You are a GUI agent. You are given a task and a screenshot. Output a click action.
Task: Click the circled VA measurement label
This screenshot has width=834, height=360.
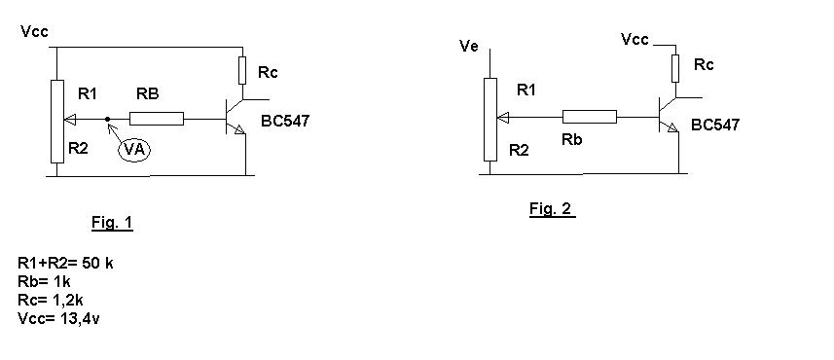134,150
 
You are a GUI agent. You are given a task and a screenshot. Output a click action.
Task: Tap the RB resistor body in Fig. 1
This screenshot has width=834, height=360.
157,119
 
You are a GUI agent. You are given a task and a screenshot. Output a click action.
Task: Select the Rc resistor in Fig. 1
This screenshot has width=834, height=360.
242,71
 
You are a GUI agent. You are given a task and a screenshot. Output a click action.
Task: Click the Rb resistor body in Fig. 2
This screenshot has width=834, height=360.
590,117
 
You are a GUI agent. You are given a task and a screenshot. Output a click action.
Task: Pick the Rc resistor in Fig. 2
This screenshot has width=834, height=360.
675,68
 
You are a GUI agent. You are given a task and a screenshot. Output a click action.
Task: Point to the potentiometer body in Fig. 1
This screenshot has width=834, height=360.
57,122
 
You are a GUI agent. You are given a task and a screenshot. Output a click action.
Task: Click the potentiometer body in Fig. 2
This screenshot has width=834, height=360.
490,119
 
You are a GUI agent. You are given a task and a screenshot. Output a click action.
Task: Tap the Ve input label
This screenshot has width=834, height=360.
469,47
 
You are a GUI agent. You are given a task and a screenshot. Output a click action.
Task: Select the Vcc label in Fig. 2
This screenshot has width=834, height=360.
635,39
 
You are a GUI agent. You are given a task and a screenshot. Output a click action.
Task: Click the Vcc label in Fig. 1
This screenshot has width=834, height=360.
35,31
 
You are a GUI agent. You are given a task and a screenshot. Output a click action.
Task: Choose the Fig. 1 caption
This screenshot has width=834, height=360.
112,222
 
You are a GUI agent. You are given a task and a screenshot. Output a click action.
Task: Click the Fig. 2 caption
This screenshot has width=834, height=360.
552,209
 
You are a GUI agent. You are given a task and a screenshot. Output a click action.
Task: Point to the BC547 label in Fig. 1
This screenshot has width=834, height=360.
284,122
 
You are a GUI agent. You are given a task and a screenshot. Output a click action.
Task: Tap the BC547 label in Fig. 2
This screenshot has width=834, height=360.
715,125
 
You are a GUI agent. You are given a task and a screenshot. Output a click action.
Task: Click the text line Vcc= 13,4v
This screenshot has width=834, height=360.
58,319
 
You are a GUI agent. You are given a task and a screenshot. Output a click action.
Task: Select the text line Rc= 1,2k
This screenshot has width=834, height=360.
50,301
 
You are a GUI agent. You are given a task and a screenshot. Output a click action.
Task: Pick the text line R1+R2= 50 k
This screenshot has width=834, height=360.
65,263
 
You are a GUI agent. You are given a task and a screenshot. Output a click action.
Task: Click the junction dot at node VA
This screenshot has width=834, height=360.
108,119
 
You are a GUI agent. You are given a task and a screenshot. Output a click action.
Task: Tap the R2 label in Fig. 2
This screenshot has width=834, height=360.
519,151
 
